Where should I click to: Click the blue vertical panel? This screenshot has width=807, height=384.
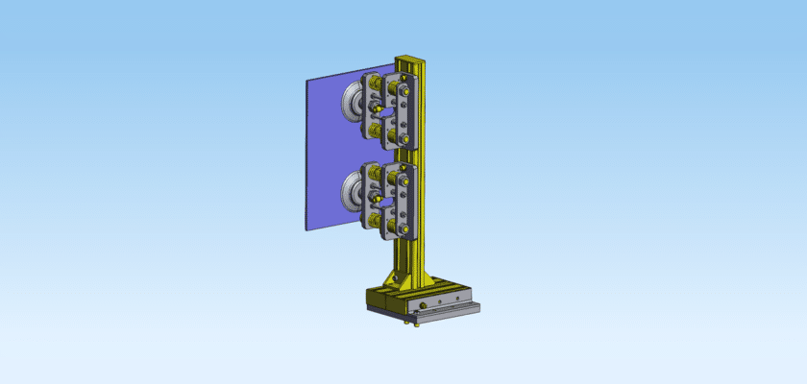point(322,154)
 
